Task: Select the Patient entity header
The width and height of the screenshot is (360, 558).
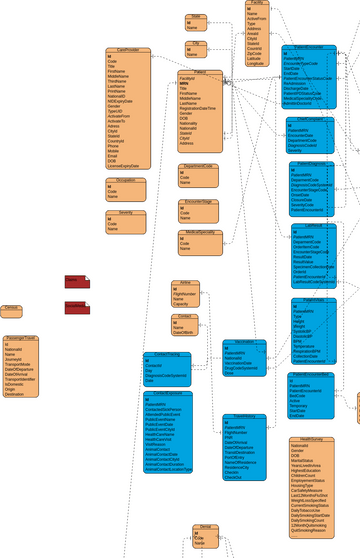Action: [x=200, y=72]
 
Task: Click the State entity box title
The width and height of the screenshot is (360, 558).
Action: [x=197, y=17]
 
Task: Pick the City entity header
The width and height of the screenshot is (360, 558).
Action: [x=197, y=44]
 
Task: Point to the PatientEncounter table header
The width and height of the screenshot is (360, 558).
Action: [x=309, y=47]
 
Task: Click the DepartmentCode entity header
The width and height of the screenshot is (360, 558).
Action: [x=199, y=166]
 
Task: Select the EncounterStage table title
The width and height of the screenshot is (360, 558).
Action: [x=199, y=201]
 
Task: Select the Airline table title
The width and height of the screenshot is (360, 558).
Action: [x=184, y=283]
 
